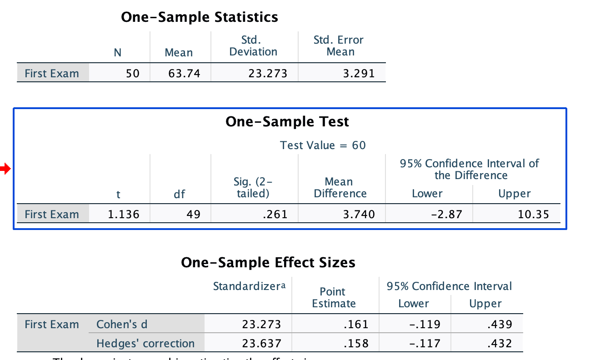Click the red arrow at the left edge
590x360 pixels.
click(5, 170)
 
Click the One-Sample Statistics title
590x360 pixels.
click(200, 17)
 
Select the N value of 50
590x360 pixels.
click(132, 74)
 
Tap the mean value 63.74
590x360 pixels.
click(184, 74)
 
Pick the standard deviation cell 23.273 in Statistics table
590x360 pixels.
click(268, 74)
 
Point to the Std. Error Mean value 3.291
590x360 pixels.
click(359, 74)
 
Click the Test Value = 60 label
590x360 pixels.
click(323, 145)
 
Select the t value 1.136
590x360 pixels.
click(123, 215)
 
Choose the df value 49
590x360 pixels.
click(193, 215)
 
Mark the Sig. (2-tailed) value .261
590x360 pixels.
click(275, 215)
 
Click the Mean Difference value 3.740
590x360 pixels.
click(359, 215)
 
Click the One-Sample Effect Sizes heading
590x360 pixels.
click(268, 263)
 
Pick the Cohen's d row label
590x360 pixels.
click(122, 325)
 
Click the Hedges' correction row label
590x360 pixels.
click(145, 343)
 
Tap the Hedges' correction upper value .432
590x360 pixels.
click(500, 343)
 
